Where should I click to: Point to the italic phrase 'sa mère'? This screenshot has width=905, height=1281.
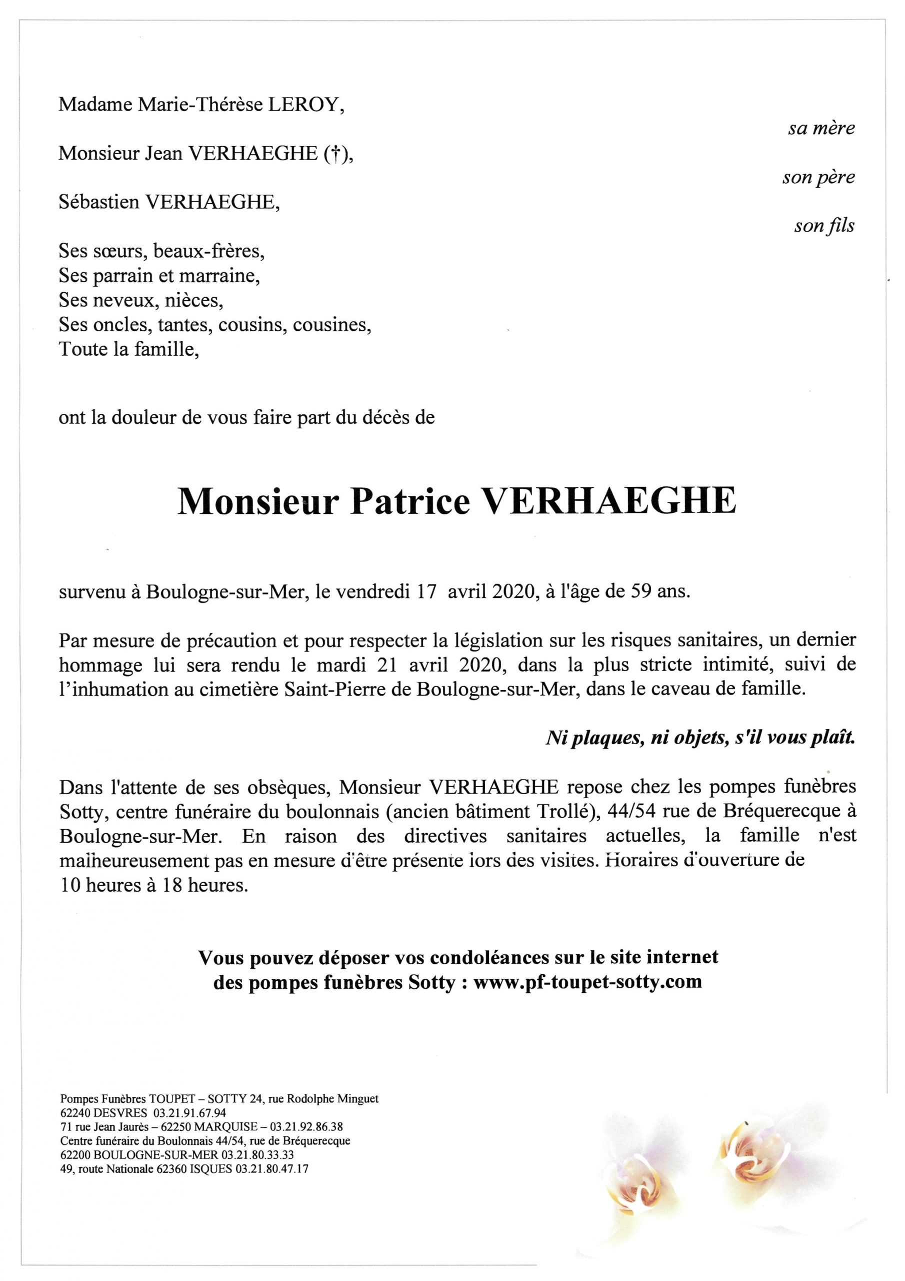(x=821, y=129)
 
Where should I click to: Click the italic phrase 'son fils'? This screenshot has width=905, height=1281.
(x=823, y=226)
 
